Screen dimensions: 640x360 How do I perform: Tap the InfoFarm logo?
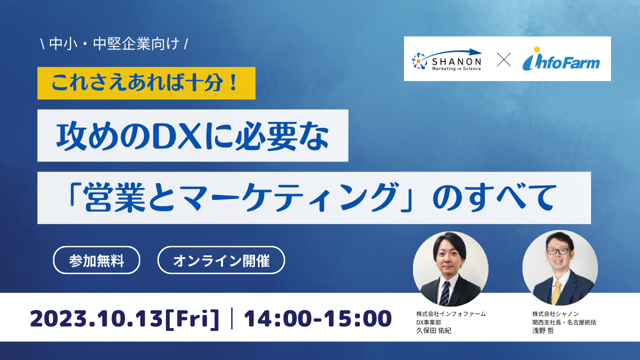(x=561, y=59)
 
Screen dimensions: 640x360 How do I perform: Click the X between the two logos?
(x=503, y=59)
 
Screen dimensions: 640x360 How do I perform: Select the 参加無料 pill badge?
(x=96, y=260)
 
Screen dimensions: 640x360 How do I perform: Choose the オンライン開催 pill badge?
(x=221, y=260)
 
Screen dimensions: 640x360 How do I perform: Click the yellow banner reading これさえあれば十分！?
(x=146, y=83)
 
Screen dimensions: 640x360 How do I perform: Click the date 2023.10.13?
(x=96, y=318)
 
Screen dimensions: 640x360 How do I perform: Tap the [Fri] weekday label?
(x=192, y=319)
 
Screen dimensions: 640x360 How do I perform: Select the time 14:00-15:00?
(x=317, y=318)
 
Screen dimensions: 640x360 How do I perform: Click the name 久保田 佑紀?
(x=433, y=330)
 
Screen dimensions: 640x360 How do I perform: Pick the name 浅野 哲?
(x=543, y=330)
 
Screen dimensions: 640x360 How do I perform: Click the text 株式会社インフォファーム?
(x=451, y=314)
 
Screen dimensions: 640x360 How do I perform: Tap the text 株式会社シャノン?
(x=555, y=314)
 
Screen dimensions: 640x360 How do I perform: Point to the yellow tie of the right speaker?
(x=556, y=292)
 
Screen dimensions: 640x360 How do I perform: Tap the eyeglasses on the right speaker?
(x=558, y=251)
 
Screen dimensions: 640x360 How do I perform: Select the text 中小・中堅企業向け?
(x=114, y=44)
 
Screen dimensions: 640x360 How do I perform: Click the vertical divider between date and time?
(x=231, y=318)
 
